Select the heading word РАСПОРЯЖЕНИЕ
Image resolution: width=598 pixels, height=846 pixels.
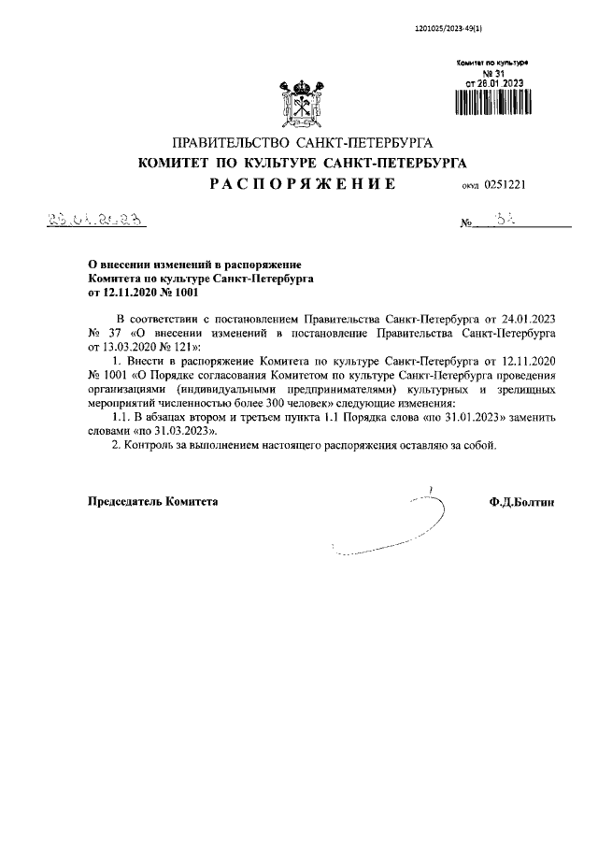tap(302, 184)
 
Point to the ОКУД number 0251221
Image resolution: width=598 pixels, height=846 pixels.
tap(506, 185)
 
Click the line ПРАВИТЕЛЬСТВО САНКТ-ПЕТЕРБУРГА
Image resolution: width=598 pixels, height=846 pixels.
tap(302, 143)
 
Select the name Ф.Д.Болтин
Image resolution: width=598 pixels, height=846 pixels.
tap(521, 502)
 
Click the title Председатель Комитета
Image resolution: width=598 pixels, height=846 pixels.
tap(152, 502)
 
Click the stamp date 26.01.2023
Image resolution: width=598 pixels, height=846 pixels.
tap(493, 81)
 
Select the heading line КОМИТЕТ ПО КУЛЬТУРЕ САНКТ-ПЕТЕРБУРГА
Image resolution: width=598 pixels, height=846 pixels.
tap(302, 163)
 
